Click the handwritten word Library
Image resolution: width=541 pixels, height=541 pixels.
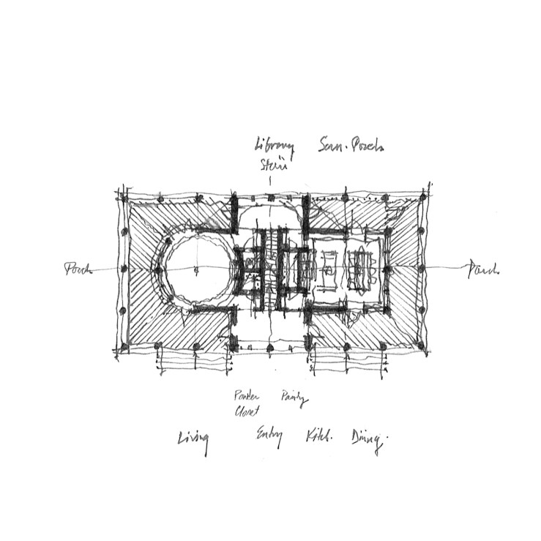point(274,146)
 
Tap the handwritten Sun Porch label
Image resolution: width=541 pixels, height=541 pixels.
point(351,146)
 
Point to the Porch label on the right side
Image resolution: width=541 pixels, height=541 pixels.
point(482,269)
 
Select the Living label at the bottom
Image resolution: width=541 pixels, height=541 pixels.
point(193,440)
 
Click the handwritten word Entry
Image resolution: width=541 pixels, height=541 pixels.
point(269,438)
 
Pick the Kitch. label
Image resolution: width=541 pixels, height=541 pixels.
point(318,437)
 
